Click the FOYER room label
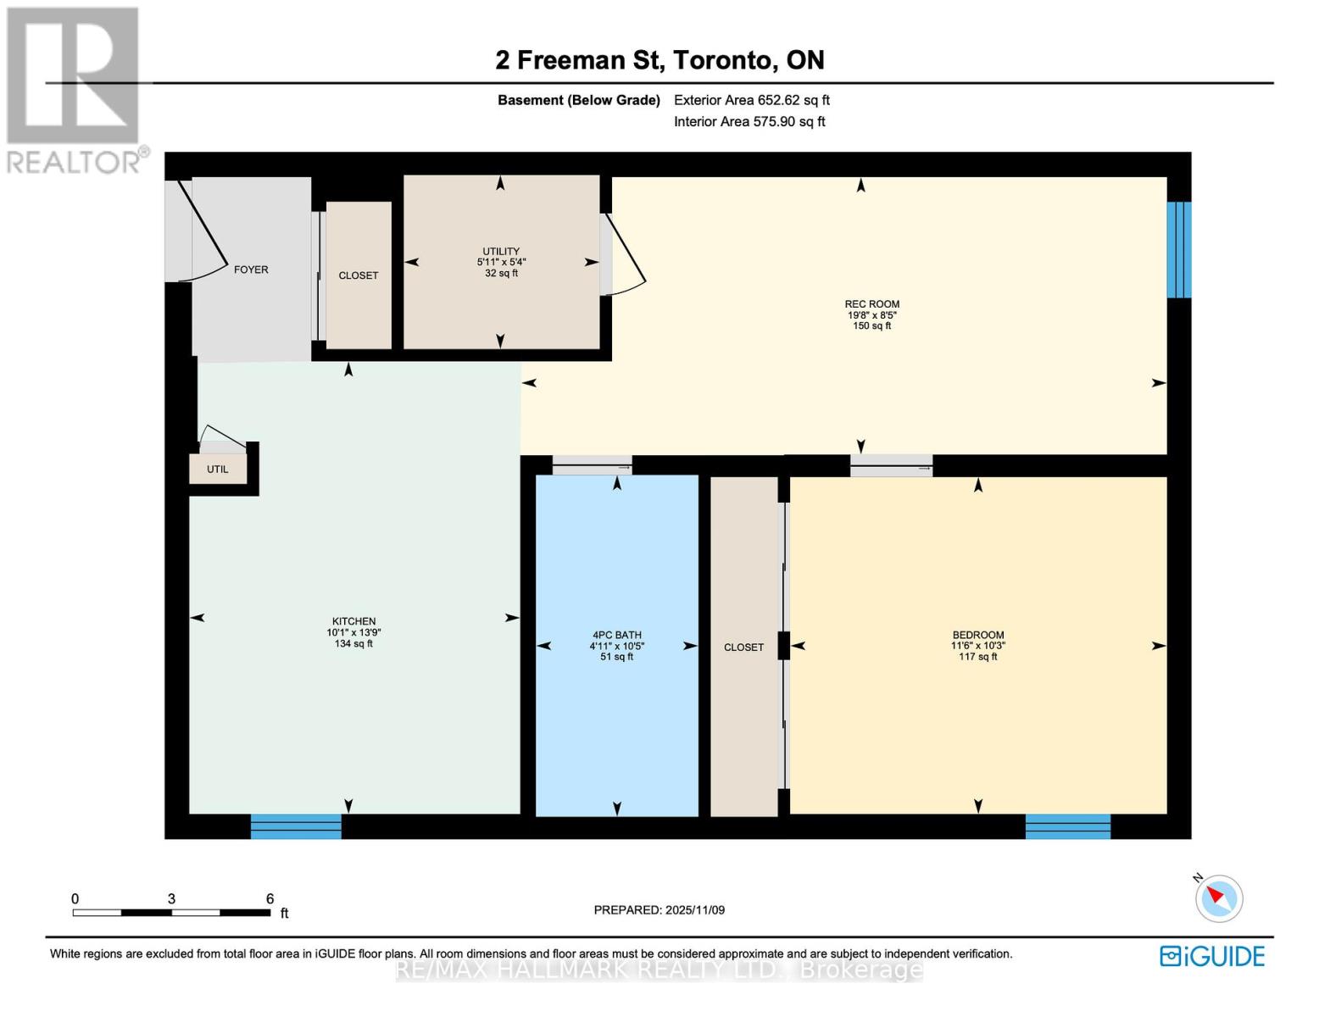(x=251, y=270)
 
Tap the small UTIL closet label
(x=218, y=470)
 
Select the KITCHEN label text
(x=353, y=621)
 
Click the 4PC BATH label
(x=617, y=635)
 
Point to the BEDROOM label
(x=977, y=635)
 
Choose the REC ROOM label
(x=871, y=304)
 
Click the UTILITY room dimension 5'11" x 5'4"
(x=501, y=263)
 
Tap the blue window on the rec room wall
(x=1178, y=250)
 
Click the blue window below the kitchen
(x=296, y=826)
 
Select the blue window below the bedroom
(x=1067, y=826)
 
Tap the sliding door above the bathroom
(x=592, y=465)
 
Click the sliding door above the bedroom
(x=891, y=465)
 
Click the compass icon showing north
(x=1219, y=898)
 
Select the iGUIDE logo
(x=1212, y=956)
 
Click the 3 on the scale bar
(x=171, y=899)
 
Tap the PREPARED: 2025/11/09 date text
(x=659, y=910)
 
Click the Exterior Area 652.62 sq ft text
(x=751, y=100)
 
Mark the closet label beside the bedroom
(x=743, y=647)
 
